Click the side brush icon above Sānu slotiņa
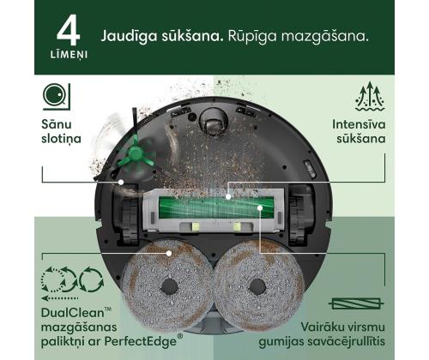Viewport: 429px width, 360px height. point(55,95)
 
